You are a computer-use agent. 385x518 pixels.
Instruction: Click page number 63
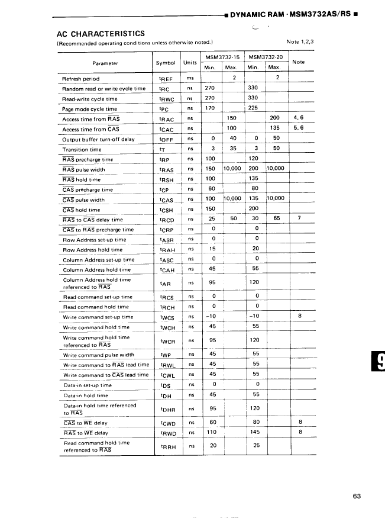pyautogui.click(x=356, y=496)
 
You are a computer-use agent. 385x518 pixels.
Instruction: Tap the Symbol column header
pyautogui.click(x=165, y=63)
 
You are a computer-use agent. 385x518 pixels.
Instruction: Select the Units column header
pyautogui.click(x=190, y=63)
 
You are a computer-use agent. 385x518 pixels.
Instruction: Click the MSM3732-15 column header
pyautogui.click(x=222, y=57)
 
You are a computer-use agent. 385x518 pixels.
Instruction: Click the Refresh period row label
pyautogui.click(x=81, y=79)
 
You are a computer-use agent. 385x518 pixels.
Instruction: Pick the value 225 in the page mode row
pyautogui.click(x=253, y=108)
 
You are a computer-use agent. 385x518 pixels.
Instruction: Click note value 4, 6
pyautogui.click(x=298, y=118)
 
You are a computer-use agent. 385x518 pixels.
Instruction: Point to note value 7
pyautogui.click(x=299, y=218)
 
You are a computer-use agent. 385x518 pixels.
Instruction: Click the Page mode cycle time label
pyautogui.click(x=90, y=110)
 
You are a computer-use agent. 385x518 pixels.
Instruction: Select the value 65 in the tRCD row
pyautogui.click(x=276, y=218)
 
